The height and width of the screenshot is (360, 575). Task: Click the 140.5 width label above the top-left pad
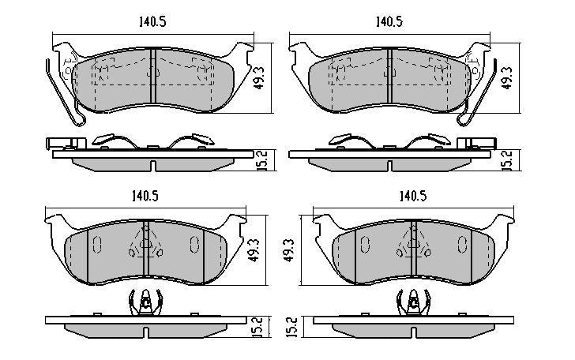[x=152, y=22]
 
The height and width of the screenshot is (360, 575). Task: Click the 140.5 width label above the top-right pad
[x=389, y=22]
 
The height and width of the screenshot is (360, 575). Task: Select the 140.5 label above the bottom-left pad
[x=145, y=197]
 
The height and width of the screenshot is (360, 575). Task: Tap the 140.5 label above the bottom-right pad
[x=413, y=197]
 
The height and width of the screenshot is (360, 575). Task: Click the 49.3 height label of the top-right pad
[x=508, y=78]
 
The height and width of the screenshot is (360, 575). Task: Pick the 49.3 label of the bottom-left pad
[x=254, y=250]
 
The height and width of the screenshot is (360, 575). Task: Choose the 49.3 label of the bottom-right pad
[x=290, y=250]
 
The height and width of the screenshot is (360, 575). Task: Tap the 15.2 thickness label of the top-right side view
[x=508, y=160]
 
